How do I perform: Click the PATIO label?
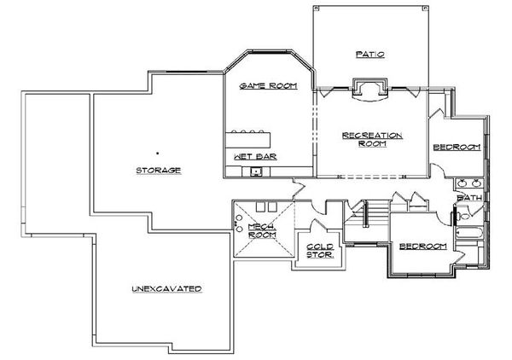tap(369, 55)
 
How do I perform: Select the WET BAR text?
tap(244, 158)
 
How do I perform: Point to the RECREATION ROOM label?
tap(371, 140)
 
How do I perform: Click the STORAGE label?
tap(158, 171)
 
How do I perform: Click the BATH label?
tap(469, 200)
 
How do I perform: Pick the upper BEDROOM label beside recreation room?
tap(457, 148)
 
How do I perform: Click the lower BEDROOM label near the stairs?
tap(424, 247)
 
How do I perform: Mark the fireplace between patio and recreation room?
tap(370, 90)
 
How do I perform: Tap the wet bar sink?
tap(256, 171)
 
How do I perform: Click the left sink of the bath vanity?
tap(463, 183)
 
